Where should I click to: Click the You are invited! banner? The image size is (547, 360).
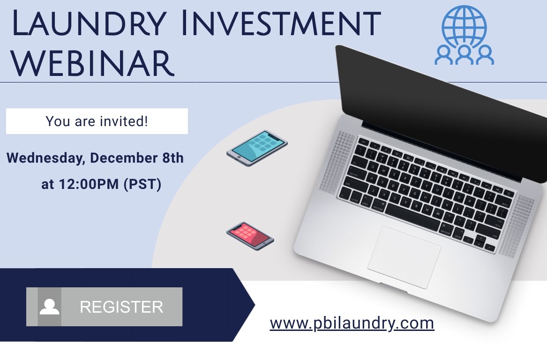97,121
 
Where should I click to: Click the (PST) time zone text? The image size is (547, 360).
142,185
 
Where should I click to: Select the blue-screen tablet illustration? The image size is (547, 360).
257,147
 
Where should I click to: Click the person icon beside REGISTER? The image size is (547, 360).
49,307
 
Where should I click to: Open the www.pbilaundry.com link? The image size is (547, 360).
352,323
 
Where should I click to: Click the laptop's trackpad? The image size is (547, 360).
404,257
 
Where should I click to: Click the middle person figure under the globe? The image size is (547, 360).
464,55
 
